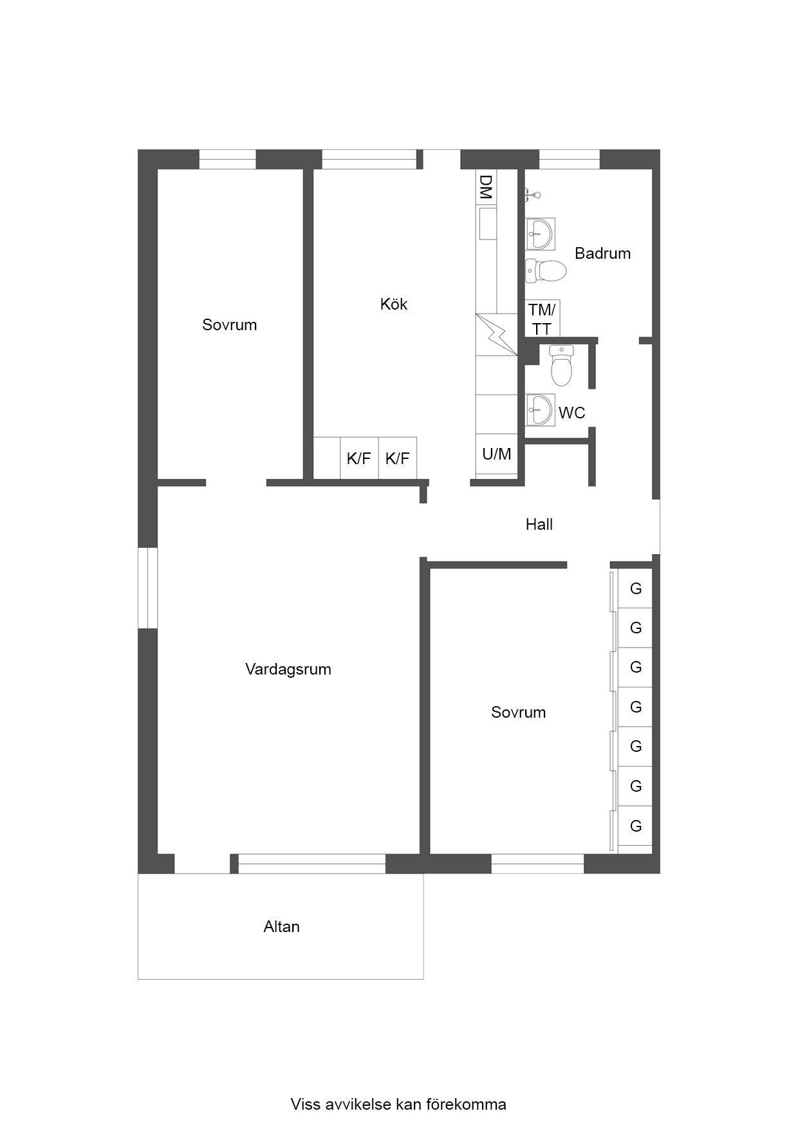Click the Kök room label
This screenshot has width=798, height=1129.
pyautogui.click(x=393, y=304)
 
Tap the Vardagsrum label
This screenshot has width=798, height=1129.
pyautogui.click(x=288, y=669)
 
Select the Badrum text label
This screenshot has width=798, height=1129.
pyautogui.click(x=602, y=253)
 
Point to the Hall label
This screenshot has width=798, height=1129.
pyautogui.click(x=539, y=525)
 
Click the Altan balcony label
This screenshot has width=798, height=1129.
pyautogui.click(x=282, y=927)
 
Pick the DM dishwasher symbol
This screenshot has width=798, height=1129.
pyautogui.click(x=486, y=187)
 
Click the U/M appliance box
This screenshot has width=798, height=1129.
pyautogui.click(x=497, y=454)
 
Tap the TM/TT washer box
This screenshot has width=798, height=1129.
pyautogui.click(x=543, y=319)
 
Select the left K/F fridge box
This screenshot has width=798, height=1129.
pyautogui.click(x=359, y=458)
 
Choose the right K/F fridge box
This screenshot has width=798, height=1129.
pyautogui.click(x=398, y=458)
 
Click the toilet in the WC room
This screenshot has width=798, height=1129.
pyautogui.click(x=561, y=365)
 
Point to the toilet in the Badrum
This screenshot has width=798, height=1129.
pyautogui.click(x=545, y=271)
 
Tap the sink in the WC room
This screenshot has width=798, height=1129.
pyautogui.click(x=539, y=410)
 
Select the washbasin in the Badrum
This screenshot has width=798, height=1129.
pyautogui.click(x=540, y=234)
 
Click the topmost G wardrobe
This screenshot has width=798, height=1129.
pyautogui.click(x=635, y=588)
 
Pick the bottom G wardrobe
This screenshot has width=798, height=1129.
pyautogui.click(x=635, y=826)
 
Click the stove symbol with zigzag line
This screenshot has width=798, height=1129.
pyautogui.click(x=497, y=334)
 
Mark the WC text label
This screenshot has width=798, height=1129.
pyautogui.click(x=572, y=413)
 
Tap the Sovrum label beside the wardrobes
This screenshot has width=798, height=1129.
pyautogui.click(x=518, y=713)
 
